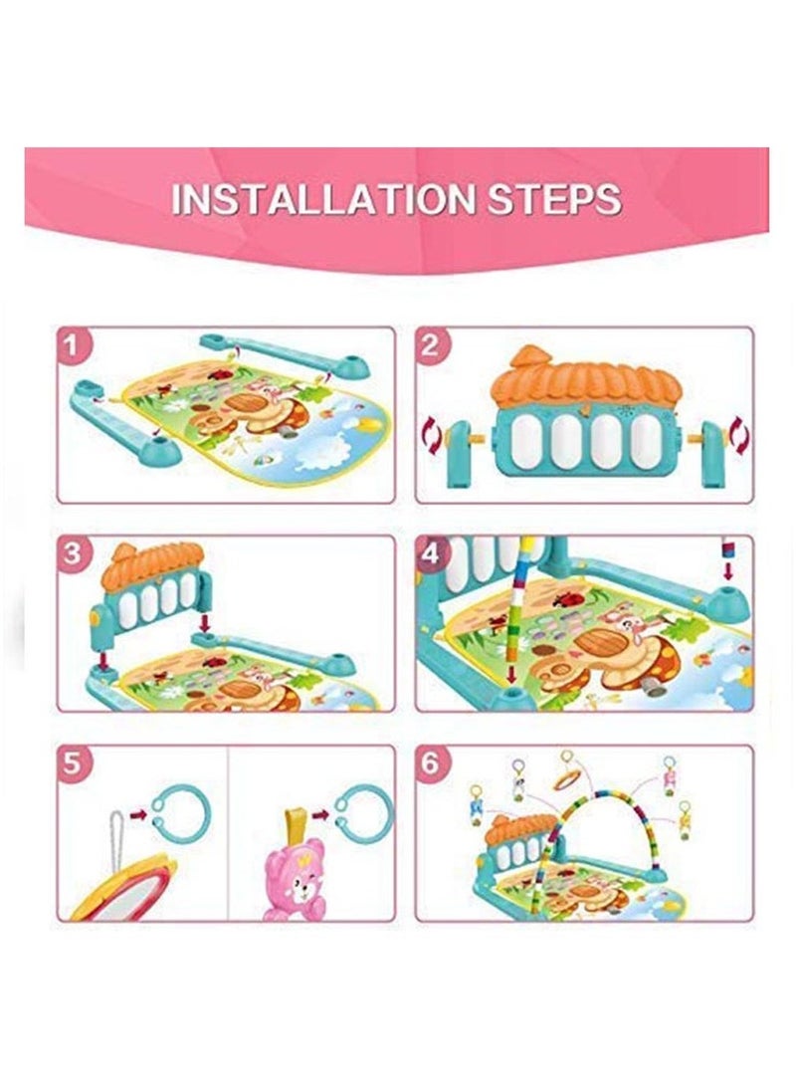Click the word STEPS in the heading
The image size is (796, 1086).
[543, 198]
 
